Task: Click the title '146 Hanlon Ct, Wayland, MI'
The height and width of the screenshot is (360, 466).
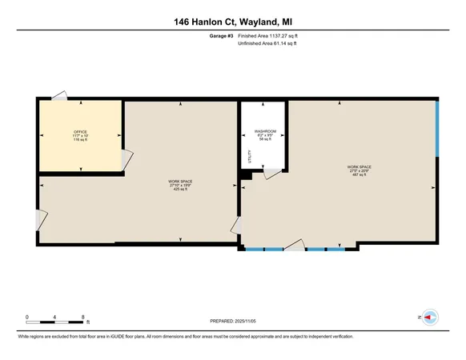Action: tap(232, 22)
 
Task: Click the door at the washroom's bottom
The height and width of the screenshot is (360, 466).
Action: tap(273, 174)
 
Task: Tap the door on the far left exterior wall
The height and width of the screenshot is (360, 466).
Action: tap(41, 218)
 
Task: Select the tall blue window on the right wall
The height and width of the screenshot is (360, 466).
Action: tap(437, 130)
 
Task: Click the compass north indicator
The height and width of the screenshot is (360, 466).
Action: tap(428, 318)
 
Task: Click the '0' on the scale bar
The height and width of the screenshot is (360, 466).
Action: tap(27, 318)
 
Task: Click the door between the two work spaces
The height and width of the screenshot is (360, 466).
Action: tap(238, 226)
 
